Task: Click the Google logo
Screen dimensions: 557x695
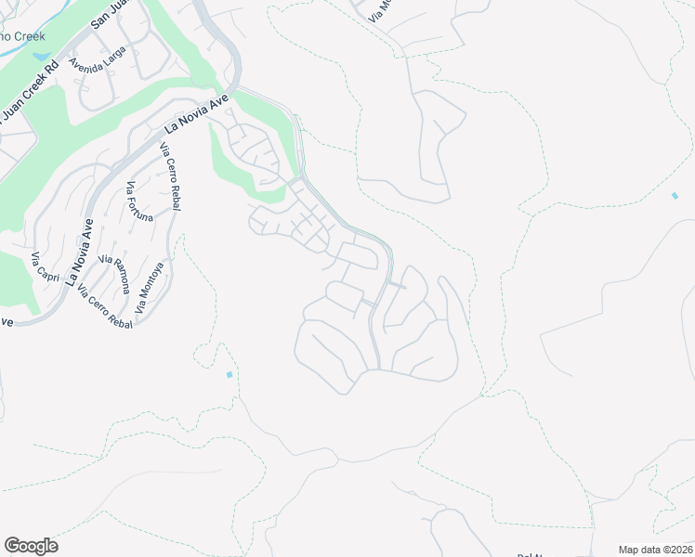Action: click(31, 546)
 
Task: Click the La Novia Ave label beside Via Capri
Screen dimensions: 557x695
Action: click(79, 253)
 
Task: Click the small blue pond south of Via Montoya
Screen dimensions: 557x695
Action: click(229, 374)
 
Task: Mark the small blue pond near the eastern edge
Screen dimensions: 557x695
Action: click(675, 196)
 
